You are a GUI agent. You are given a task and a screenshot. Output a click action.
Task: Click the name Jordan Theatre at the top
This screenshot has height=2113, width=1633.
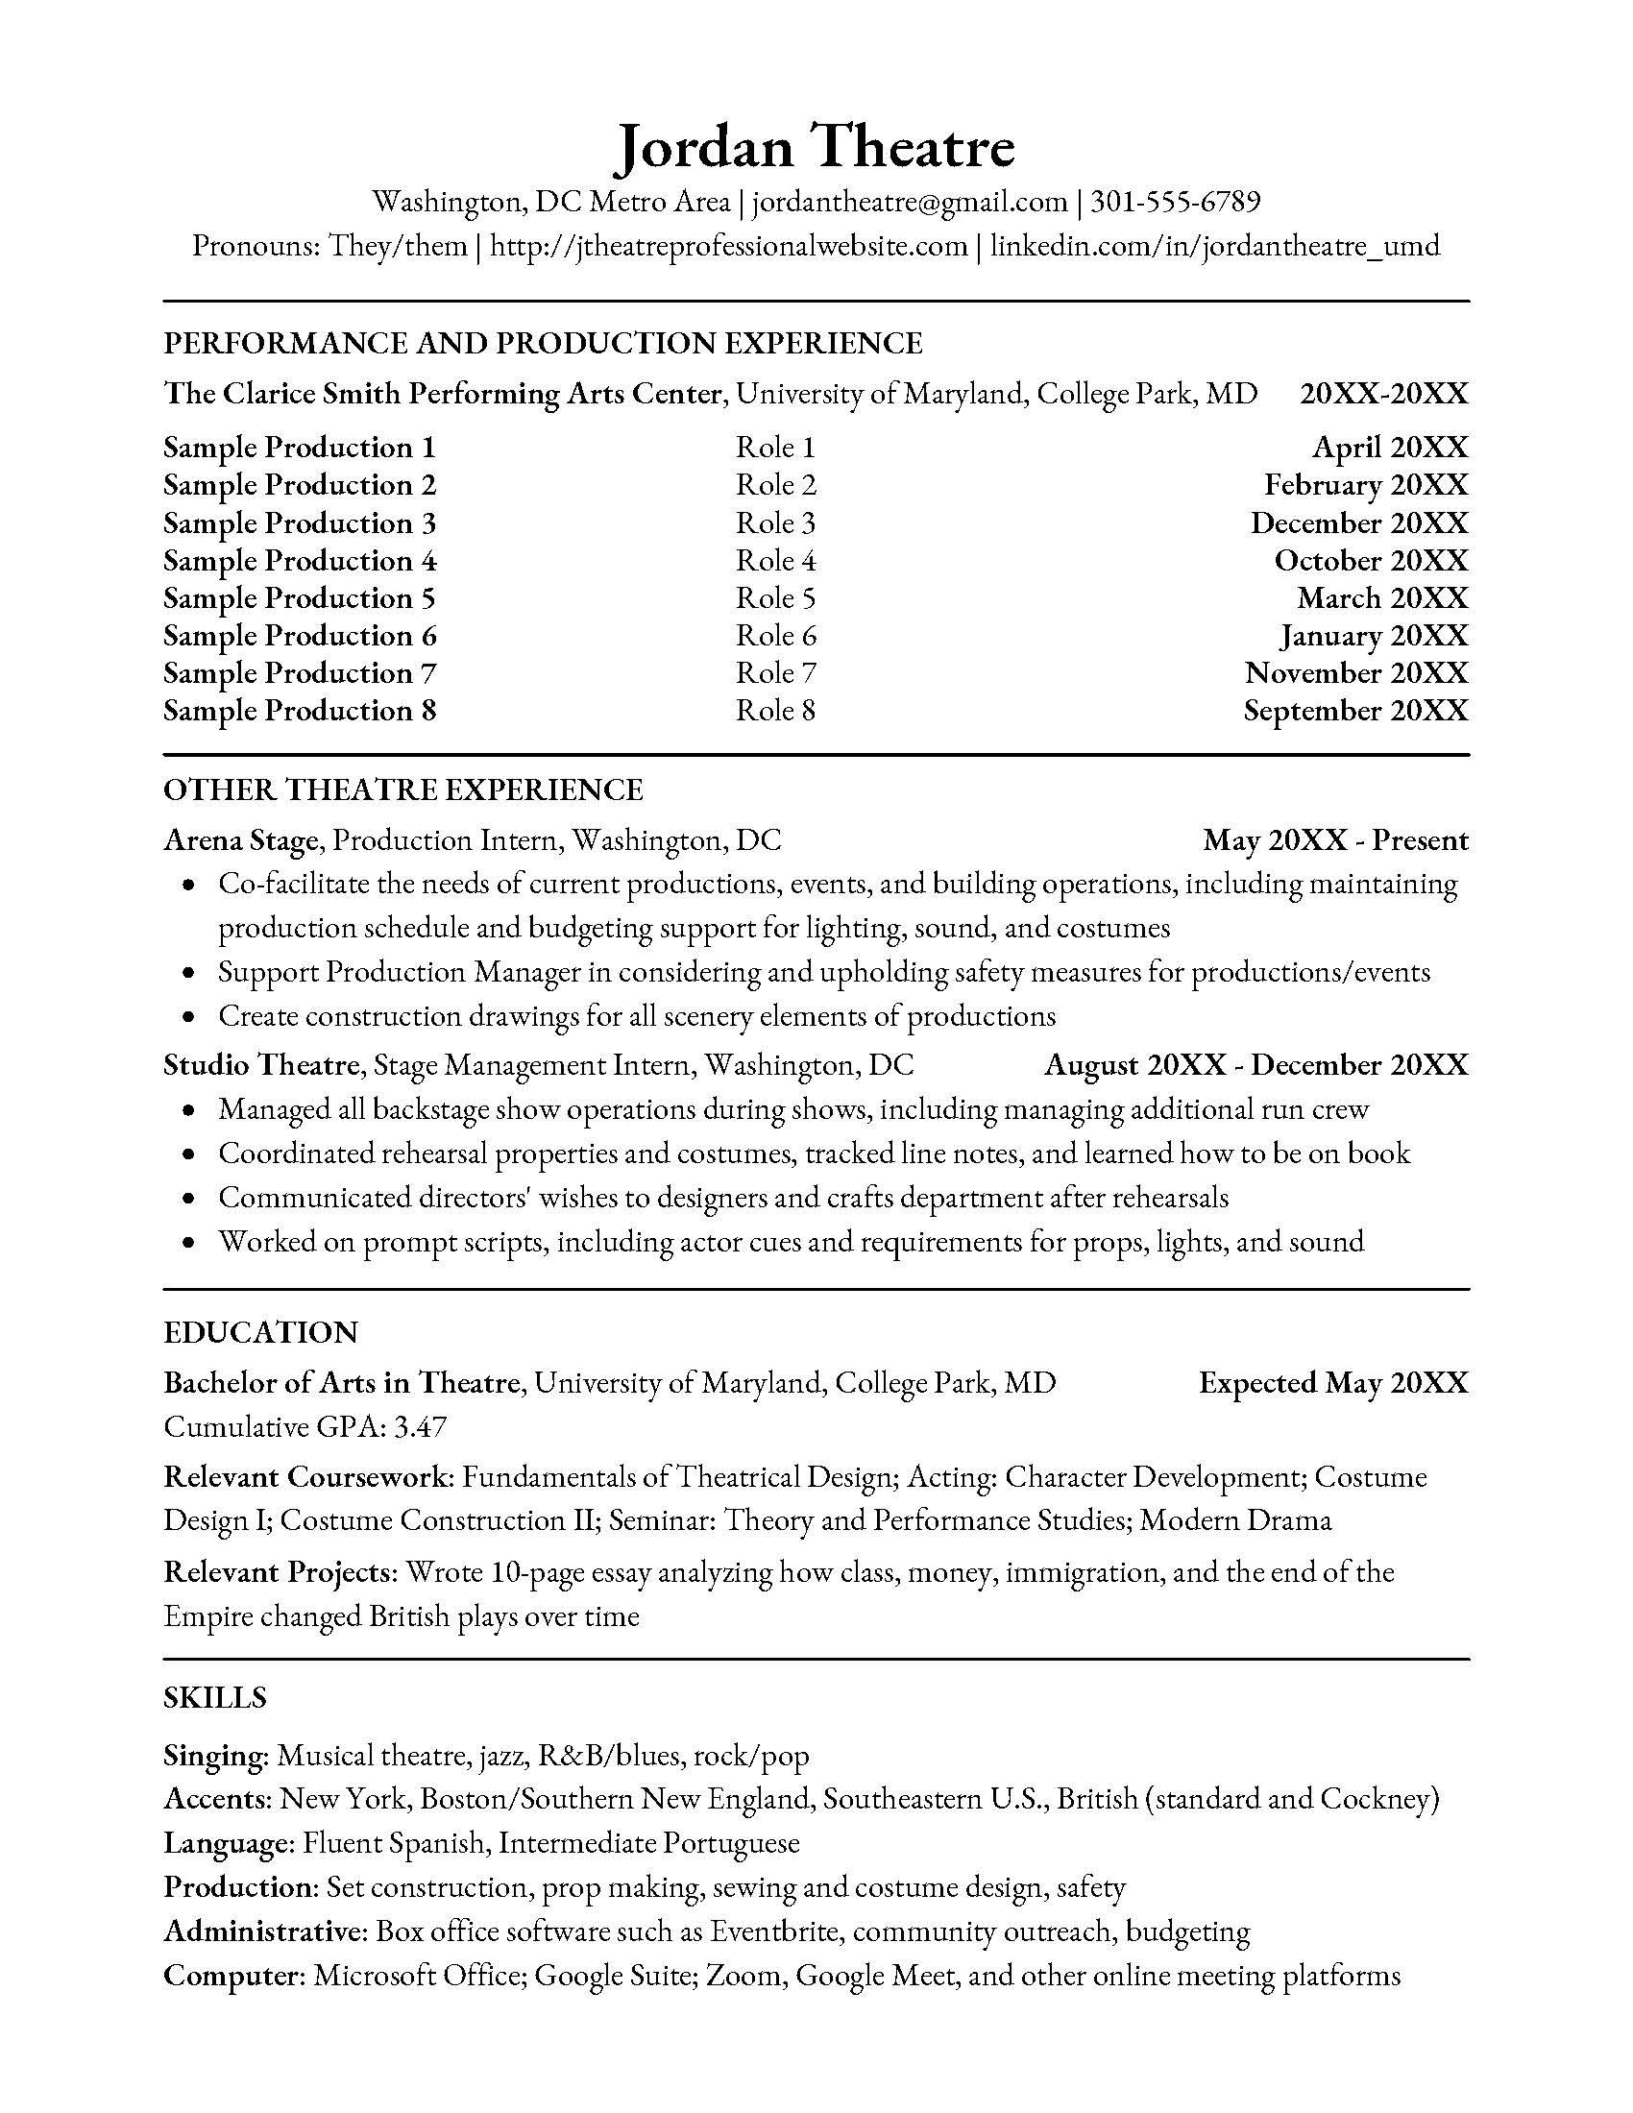click(x=816, y=146)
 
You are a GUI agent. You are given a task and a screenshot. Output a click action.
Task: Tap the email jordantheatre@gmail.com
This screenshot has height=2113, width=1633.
click(x=910, y=202)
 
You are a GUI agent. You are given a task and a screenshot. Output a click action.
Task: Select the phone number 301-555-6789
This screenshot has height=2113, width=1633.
click(x=1176, y=202)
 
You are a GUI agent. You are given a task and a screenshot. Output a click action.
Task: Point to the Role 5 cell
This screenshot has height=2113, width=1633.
click(x=775, y=598)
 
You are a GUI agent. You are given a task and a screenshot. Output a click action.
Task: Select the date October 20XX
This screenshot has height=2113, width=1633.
click(x=1370, y=560)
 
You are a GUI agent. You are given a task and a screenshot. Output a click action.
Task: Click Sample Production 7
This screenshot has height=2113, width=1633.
click(x=300, y=672)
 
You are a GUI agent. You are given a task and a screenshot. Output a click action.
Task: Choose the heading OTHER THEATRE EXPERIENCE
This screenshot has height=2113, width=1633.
click(x=402, y=789)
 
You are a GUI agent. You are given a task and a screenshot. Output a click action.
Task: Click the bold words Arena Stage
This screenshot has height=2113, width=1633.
click(x=240, y=839)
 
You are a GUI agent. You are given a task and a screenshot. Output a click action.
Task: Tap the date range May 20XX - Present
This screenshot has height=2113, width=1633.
click(x=1335, y=839)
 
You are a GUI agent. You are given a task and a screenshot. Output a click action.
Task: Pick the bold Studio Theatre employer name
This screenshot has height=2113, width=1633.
click(x=261, y=1065)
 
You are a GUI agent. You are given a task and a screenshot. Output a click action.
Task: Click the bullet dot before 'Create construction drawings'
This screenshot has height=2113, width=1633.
click(x=191, y=1017)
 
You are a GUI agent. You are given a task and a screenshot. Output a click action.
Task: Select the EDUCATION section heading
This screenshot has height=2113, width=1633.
click(x=260, y=1332)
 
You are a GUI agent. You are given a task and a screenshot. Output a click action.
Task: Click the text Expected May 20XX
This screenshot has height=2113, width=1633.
click(x=1333, y=1382)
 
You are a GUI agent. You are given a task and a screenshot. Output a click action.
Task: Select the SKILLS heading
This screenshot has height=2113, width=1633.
click(x=215, y=1698)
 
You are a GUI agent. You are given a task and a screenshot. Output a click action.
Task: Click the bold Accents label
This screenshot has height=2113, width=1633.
click(x=217, y=1799)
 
